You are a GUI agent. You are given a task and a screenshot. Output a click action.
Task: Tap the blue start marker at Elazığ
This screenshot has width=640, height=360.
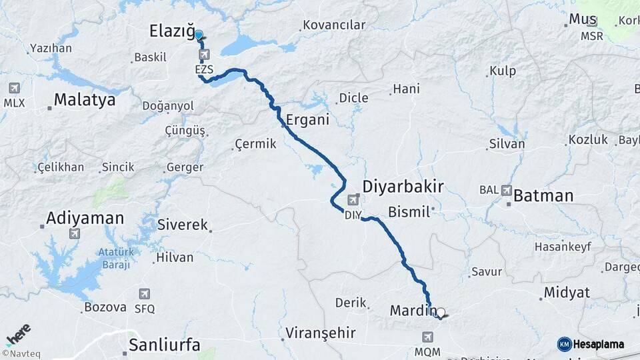click(x=198, y=35)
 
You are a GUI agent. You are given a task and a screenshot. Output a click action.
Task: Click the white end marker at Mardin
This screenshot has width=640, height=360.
click(x=440, y=312)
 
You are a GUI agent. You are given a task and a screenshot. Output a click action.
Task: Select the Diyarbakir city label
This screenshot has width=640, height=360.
click(x=403, y=186)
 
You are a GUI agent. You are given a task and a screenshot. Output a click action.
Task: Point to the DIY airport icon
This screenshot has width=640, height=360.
click(x=353, y=199)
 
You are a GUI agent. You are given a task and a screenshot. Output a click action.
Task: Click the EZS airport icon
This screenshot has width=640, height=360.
click(x=203, y=55)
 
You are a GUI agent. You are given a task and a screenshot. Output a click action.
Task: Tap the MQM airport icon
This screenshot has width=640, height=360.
click(x=427, y=337)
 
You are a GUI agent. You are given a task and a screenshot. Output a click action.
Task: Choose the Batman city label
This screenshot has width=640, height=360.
click(x=543, y=195)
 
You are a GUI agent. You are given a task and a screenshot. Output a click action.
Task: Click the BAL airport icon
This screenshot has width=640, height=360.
click(x=507, y=190)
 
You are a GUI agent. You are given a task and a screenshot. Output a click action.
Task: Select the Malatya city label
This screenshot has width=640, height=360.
click(x=85, y=100)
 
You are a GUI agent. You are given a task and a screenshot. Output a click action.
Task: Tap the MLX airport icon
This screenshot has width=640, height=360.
click(x=14, y=88)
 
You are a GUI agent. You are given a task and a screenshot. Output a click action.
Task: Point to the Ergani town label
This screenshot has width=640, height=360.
click(x=307, y=121)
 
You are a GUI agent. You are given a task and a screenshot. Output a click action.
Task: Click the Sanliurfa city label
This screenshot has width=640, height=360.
click(x=164, y=345)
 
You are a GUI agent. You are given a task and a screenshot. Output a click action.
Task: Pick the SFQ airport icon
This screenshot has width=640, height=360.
click(x=145, y=294)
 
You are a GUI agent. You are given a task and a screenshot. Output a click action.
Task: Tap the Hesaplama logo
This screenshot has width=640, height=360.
click(x=591, y=344)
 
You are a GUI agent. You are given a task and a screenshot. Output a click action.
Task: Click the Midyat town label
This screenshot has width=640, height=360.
click(x=567, y=293)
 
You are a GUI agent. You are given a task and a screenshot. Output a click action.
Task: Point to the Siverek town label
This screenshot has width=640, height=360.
click(x=183, y=225)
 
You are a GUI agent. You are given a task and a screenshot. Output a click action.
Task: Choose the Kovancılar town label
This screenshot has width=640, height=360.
click(x=334, y=25)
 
